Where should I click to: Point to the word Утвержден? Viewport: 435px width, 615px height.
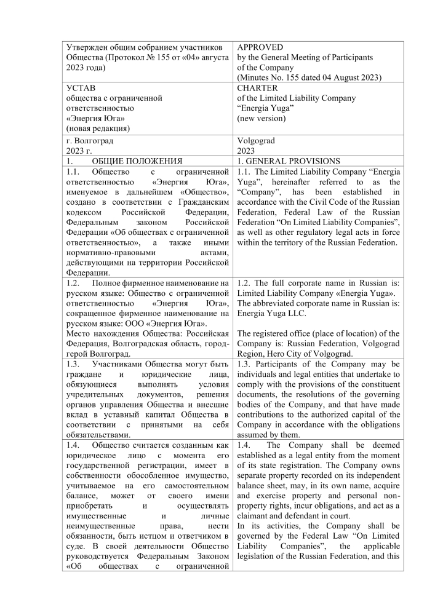[88, 47]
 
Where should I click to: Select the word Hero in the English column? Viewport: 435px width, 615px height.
[277, 354]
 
